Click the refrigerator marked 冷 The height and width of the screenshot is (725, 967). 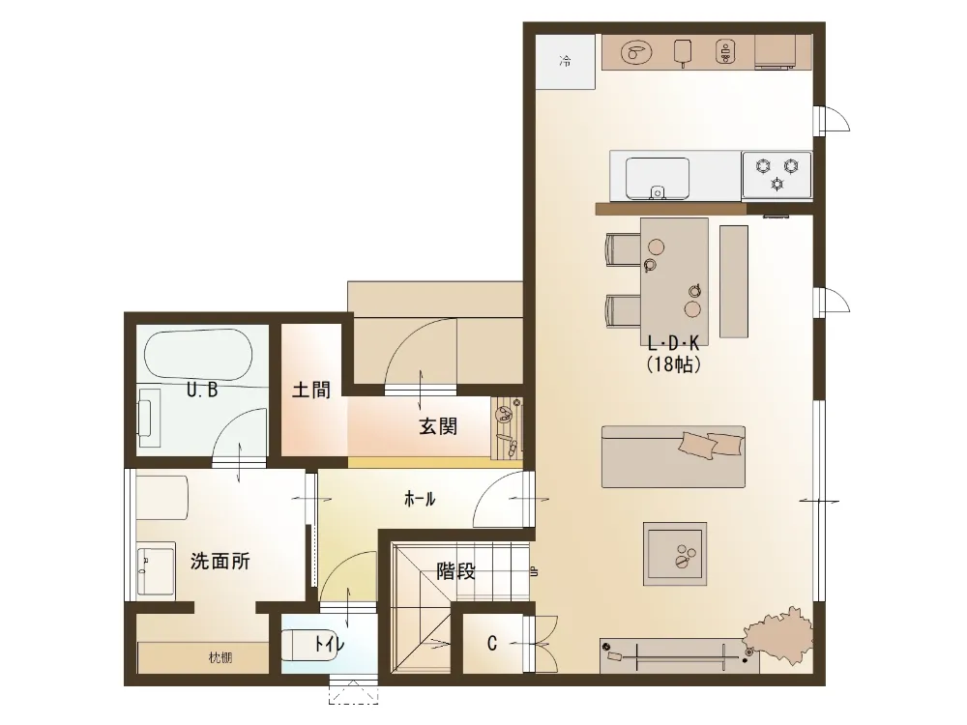[x=566, y=62]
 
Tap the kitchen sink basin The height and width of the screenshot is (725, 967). [x=658, y=179]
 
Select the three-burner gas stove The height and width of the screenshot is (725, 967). [x=777, y=174]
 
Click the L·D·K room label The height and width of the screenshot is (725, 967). [x=673, y=343]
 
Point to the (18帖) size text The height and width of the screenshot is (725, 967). [x=673, y=364]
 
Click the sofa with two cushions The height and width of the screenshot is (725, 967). [x=673, y=456]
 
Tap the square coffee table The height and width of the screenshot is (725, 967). [x=675, y=554]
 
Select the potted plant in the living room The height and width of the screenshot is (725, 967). [x=778, y=636]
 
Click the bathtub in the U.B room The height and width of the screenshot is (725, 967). [x=198, y=355]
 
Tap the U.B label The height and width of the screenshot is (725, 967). [x=202, y=391]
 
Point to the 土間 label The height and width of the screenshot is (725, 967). [x=310, y=390]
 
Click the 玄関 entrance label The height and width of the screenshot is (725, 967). [x=438, y=426]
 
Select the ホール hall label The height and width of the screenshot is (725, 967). [x=420, y=499]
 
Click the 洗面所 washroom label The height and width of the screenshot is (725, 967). [x=220, y=561]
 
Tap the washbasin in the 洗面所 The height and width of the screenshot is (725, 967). [x=156, y=570]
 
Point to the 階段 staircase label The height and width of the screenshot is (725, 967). [x=455, y=571]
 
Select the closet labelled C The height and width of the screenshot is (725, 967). [x=491, y=644]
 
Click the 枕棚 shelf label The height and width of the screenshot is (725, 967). [x=220, y=657]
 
